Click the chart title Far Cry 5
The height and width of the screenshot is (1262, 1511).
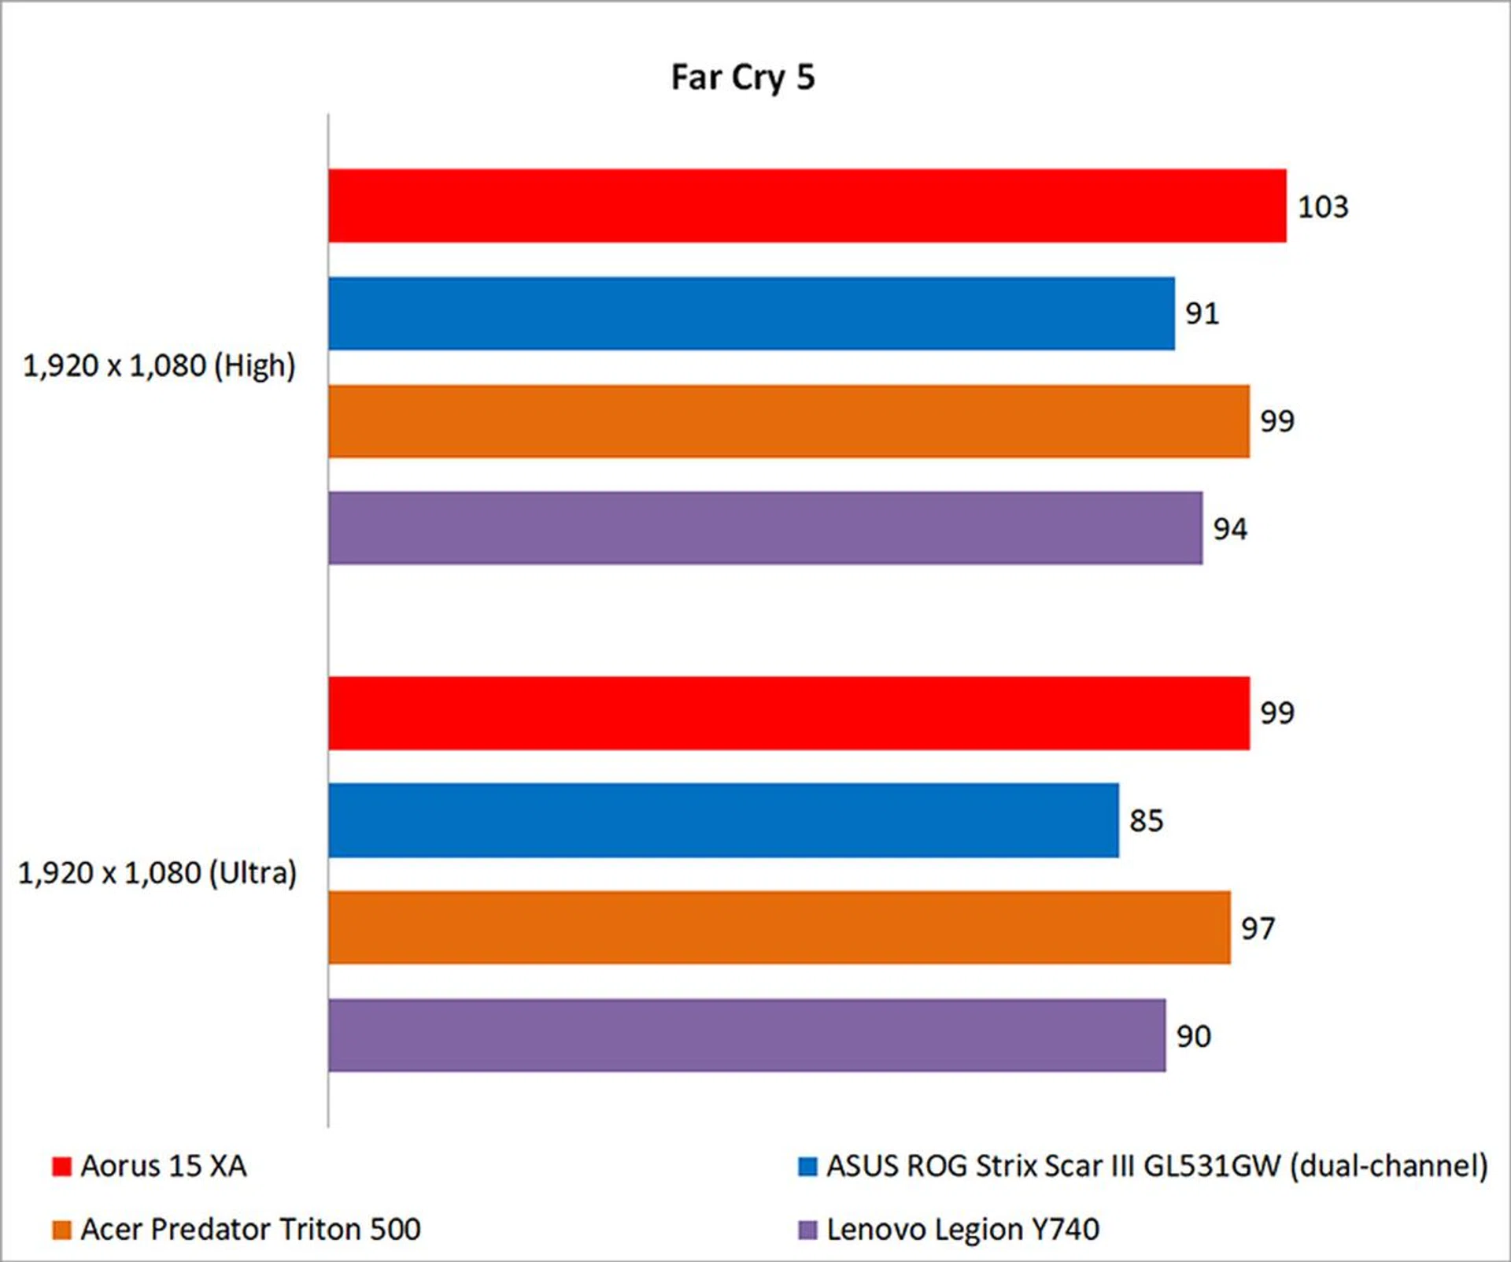742,77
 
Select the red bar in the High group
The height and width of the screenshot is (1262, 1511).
807,205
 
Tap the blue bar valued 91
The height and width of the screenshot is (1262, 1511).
751,313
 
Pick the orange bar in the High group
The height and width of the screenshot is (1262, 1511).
789,421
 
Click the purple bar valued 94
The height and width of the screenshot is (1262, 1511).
765,528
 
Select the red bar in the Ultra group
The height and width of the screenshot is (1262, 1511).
789,713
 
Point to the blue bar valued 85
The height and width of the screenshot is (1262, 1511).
723,820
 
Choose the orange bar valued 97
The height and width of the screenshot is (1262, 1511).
779,927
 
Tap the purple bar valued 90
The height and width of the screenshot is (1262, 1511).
747,1035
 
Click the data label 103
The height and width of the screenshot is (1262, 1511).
1323,207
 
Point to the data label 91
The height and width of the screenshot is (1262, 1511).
1202,314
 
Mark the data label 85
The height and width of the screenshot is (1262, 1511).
1146,821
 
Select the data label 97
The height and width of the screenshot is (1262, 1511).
1258,929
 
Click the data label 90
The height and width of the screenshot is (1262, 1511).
1193,1037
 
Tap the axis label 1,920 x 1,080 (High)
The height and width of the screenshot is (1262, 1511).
159,366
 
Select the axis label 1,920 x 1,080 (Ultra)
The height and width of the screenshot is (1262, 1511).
157,873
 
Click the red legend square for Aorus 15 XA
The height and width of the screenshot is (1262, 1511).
61,1166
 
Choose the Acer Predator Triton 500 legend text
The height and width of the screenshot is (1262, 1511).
250,1229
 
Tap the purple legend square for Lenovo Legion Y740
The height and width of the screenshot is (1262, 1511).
807,1230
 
